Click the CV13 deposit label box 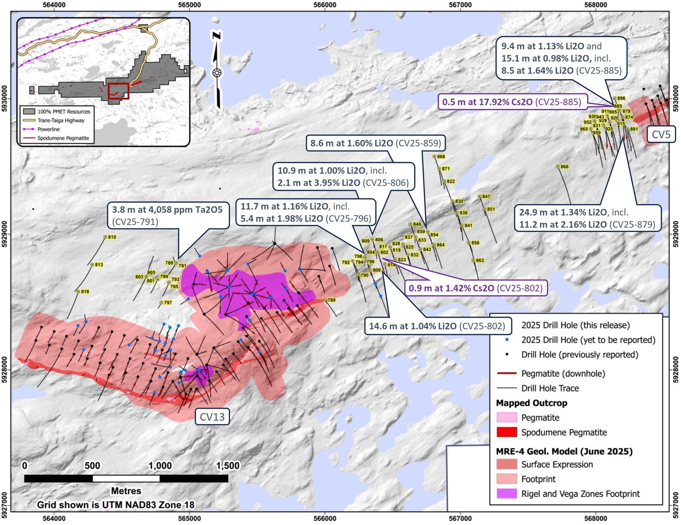[212, 417]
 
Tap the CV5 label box [661, 134]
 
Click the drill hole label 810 [112, 237]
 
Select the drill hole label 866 [564, 166]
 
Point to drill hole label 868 [441, 156]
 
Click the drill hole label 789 [331, 300]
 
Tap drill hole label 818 [85, 292]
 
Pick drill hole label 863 [480, 260]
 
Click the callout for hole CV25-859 [375, 143]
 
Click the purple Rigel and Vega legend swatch [506, 494]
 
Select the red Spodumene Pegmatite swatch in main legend [506, 432]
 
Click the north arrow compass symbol [217, 73]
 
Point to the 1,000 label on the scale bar [160, 466]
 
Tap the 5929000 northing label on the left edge [5, 234]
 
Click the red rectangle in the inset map [118, 91]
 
